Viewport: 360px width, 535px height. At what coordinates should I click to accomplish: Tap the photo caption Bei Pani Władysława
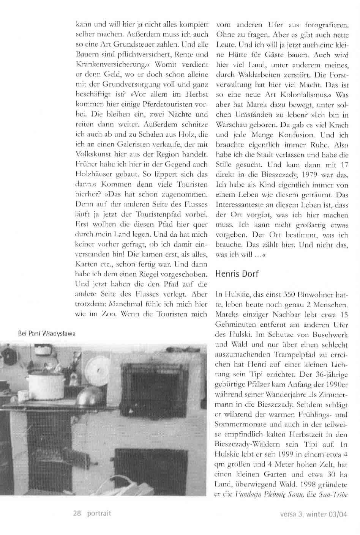pos(46,334)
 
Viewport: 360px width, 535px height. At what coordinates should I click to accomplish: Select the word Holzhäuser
pos(92,175)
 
